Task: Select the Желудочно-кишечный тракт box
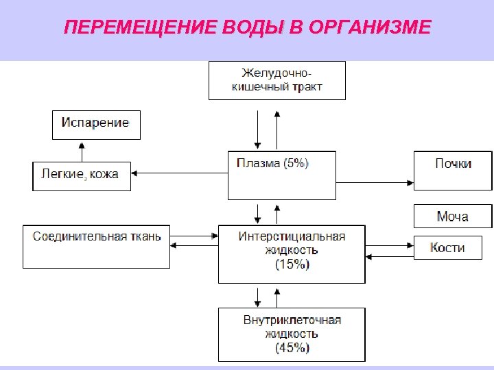[277, 80]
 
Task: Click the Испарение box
[96, 125]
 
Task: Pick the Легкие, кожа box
[81, 175]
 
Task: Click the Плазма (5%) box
[281, 175]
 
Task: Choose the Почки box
[453, 171]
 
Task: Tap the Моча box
[453, 217]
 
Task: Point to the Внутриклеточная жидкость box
[292, 334]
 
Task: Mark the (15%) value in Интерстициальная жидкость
[292, 264]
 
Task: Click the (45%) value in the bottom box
[292, 348]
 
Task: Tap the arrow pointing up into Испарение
[82, 151]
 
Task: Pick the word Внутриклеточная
[292, 320]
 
